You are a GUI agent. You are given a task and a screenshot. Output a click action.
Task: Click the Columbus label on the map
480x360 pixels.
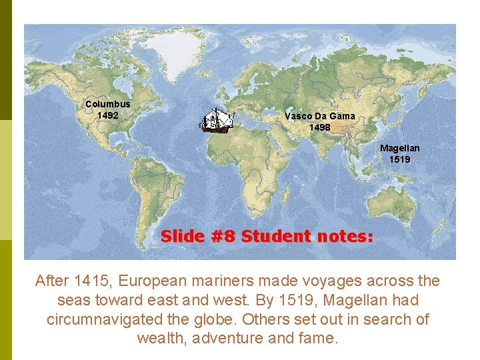coord(107,104)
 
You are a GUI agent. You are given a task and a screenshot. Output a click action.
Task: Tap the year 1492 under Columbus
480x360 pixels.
coord(107,115)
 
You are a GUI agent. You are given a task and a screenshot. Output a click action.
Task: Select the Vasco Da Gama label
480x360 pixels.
coord(319,115)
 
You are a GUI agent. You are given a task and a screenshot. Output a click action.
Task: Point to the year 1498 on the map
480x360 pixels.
coord(319,127)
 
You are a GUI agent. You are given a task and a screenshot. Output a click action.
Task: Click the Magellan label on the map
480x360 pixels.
coord(400,148)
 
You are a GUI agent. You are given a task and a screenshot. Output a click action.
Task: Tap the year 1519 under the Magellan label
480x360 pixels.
coord(400,159)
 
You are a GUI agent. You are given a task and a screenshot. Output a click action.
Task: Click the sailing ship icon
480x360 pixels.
coord(218,120)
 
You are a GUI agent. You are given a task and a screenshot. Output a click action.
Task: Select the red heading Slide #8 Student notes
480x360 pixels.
coord(267,236)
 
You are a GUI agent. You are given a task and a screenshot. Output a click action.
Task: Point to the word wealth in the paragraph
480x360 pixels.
coord(162,338)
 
